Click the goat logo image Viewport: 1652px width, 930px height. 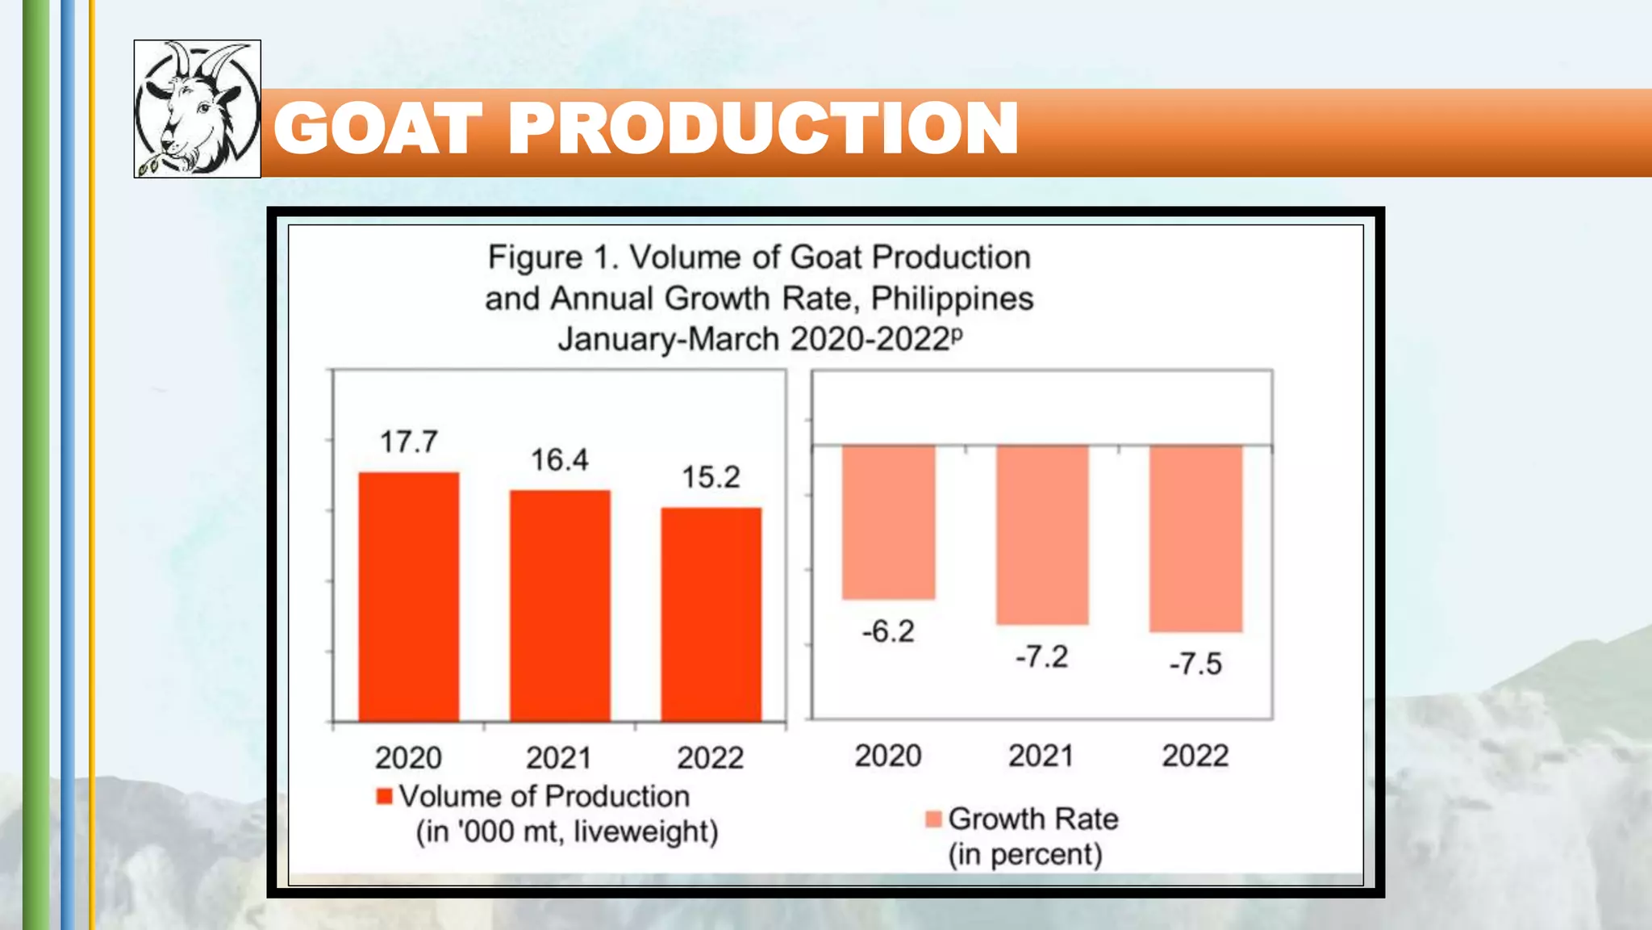pyautogui.click(x=197, y=109)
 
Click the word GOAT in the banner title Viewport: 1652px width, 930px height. pyautogui.click(x=378, y=129)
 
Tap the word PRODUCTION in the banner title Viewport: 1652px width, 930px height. pyautogui.click(x=762, y=129)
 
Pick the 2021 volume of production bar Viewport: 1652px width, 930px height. pyautogui.click(x=560, y=605)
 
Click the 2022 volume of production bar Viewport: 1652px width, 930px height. pyautogui.click(x=711, y=614)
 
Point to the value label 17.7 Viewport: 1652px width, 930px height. pyautogui.click(x=409, y=442)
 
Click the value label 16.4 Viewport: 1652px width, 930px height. pyautogui.click(x=560, y=460)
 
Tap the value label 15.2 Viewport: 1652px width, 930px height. pyautogui.click(x=711, y=477)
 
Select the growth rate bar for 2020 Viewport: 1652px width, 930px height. pyautogui.click(x=888, y=522)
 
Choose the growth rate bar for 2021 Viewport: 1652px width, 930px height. pyautogui.click(x=1042, y=534)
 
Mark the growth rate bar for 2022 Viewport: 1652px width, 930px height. pyautogui.click(x=1195, y=538)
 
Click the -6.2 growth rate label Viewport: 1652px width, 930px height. pyautogui.click(x=888, y=631)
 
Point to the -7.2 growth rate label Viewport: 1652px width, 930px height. pyautogui.click(x=1041, y=657)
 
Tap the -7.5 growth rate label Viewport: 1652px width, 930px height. pyautogui.click(x=1195, y=664)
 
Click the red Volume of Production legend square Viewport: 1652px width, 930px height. pyautogui.click(x=385, y=797)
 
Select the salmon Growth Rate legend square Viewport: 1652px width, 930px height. pyautogui.click(x=933, y=819)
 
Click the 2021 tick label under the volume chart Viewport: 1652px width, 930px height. pyautogui.click(x=559, y=758)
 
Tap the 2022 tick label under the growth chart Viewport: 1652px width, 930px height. pyautogui.click(x=1195, y=756)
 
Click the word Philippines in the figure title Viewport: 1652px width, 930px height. pyautogui.click(x=952, y=299)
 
